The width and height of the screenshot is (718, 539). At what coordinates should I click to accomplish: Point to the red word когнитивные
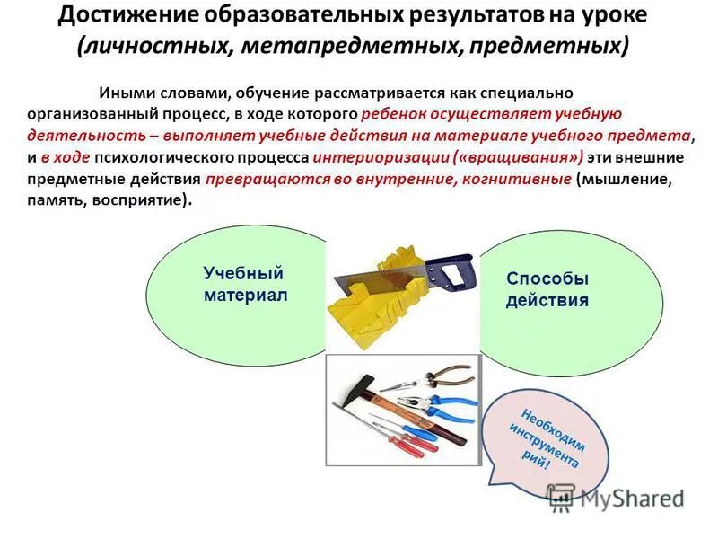tap(516, 179)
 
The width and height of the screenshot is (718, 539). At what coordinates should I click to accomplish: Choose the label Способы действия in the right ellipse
tap(547, 289)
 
